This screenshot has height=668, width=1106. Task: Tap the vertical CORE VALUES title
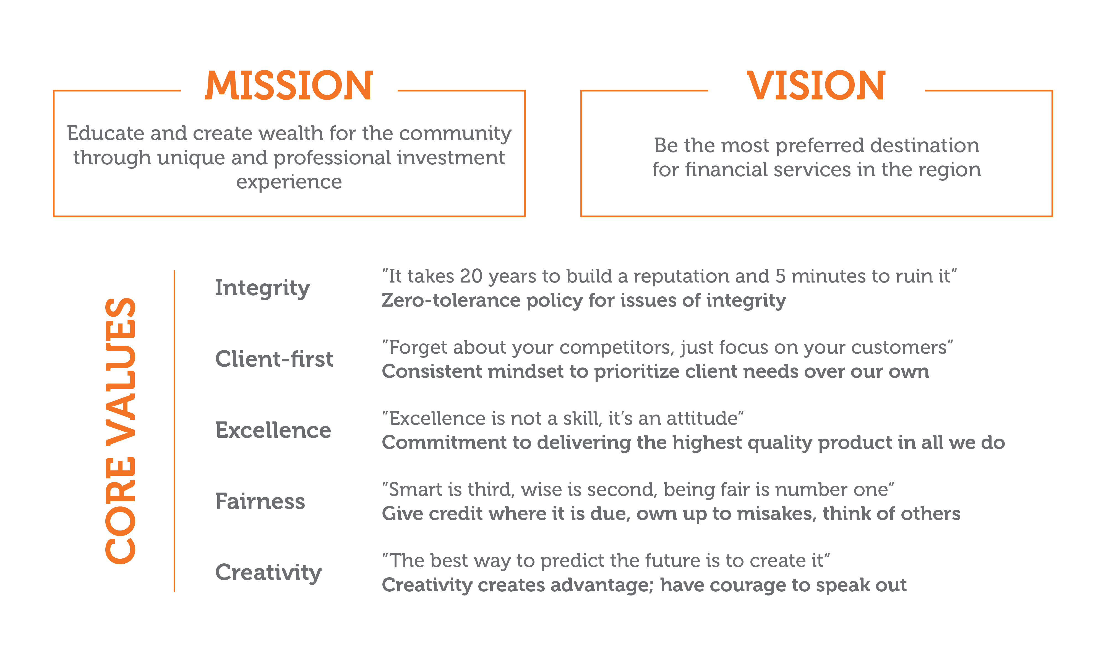120,431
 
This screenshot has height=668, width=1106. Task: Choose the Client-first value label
274,359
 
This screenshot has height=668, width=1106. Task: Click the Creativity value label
268,573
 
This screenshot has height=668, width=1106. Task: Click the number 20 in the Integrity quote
471,276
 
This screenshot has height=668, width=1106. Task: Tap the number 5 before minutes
781,276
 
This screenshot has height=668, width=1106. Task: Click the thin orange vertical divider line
174,431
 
